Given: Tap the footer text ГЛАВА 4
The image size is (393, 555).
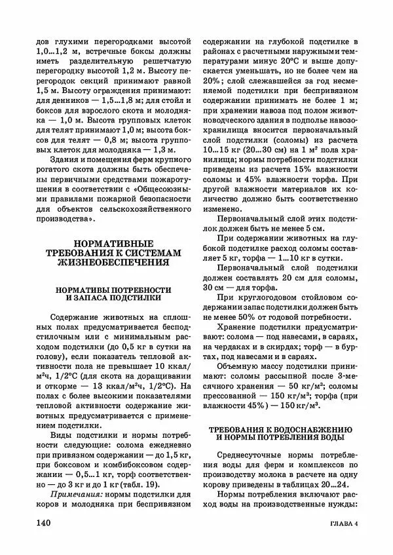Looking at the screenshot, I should click(341, 525).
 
